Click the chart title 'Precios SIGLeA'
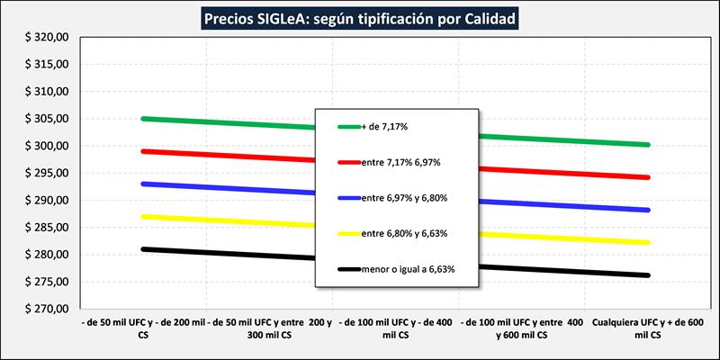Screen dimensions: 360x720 (x=360, y=18)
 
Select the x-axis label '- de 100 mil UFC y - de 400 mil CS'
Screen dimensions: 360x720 (x=395, y=327)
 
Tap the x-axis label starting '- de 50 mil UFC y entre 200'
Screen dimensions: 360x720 (x=270, y=327)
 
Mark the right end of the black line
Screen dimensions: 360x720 (x=647, y=275)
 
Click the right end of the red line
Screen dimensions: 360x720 (x=647, y=177)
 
